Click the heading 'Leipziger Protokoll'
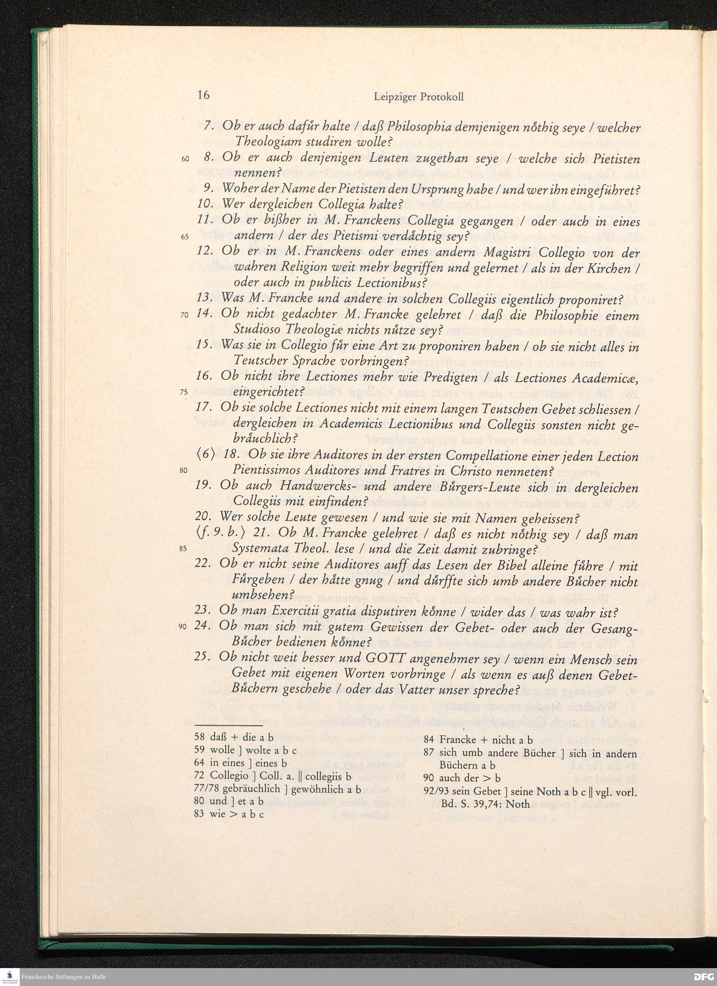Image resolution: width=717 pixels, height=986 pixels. [x=418, y=97]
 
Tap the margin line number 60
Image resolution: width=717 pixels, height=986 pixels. [x=185, y=159]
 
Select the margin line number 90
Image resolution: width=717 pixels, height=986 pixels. [x=182, y=627]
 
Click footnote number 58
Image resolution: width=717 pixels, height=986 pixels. [x=199, y=737]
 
